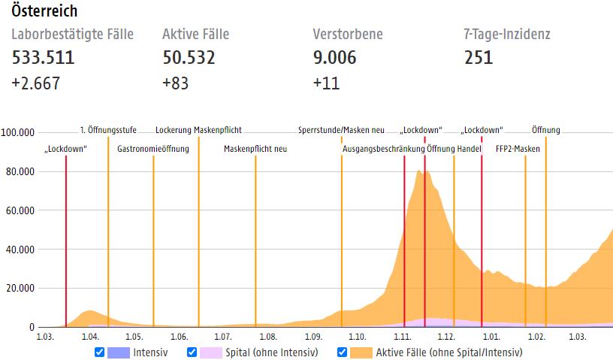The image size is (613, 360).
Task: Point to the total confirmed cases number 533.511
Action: [x=43, y=57]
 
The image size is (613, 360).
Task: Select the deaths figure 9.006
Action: [x=334, y=57]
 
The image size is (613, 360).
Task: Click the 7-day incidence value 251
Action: [x=479, y=57]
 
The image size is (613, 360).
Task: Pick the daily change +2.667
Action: [x=35, y=83]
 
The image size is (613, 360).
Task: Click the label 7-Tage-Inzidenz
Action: [x=507, y=34]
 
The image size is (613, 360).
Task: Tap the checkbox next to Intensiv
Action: [x=100, y=352]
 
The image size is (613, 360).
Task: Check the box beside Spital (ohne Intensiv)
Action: [x=192, y=352]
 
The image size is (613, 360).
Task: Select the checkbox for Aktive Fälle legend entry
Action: [x=343, y=352]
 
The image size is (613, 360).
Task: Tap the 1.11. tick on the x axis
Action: [x=403, y=336]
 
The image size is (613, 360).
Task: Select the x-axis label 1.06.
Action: [x=179, y=336]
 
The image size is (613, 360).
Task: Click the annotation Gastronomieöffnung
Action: [x=153, y=149]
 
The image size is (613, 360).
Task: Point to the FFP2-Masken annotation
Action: [x=518, y=149]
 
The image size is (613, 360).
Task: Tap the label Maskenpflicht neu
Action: [x=255, y=149]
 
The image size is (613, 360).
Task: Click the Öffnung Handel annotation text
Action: [x=454, y=149]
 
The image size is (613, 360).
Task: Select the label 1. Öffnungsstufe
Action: [x=108, y=129]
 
